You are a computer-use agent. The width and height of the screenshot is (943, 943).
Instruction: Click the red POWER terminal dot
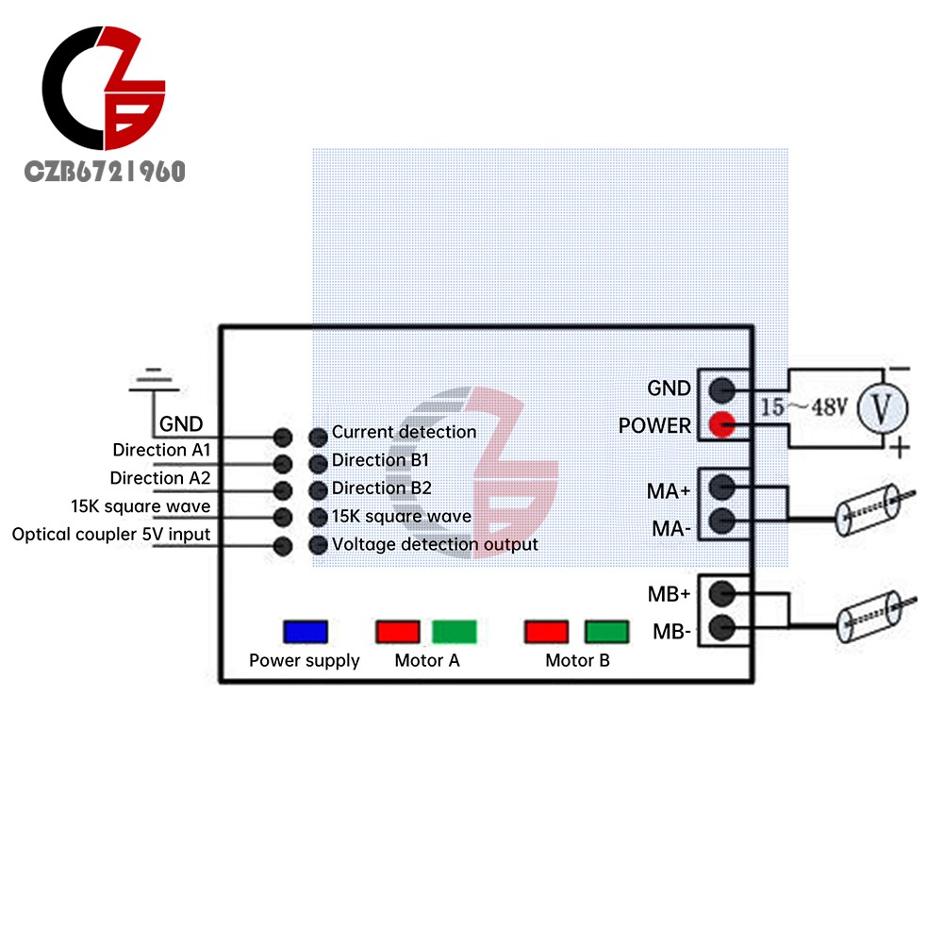tap(722, 425)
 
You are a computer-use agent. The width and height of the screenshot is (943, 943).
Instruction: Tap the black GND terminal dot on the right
tap(722, 389)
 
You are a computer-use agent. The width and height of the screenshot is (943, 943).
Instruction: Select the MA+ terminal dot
tap(722, 487)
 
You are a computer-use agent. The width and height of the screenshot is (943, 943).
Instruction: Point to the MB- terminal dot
tap(722, 627)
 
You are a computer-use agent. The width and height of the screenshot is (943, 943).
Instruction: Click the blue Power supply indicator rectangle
tap(306, 632)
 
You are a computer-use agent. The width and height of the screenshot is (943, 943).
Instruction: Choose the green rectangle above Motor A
tap(455, 632)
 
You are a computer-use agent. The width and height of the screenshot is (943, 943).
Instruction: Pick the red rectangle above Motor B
tap(547, 632)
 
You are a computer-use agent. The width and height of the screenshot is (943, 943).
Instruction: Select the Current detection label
tap(404, 432)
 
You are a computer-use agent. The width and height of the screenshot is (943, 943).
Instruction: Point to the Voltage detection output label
tap(435, 544)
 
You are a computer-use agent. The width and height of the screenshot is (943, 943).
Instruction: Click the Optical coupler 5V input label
tap(111, 535)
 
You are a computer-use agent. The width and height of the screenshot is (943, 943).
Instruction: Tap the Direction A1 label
tap(161, 450)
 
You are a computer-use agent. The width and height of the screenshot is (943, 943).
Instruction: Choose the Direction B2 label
tap(381, 488)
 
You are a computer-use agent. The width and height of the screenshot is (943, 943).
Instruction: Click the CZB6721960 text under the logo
tap(105, 172)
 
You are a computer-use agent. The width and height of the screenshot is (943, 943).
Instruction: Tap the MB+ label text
tap(669, 595)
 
